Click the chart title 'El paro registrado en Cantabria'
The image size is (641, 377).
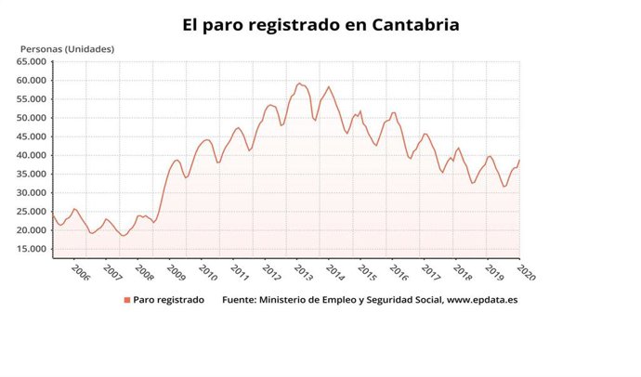320,24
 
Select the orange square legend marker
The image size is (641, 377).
126,300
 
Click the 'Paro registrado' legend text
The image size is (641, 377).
168,300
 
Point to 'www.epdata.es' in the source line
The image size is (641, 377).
483,300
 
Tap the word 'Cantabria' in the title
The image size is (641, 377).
410,24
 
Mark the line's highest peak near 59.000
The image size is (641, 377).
299,84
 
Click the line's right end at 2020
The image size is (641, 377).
519,160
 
